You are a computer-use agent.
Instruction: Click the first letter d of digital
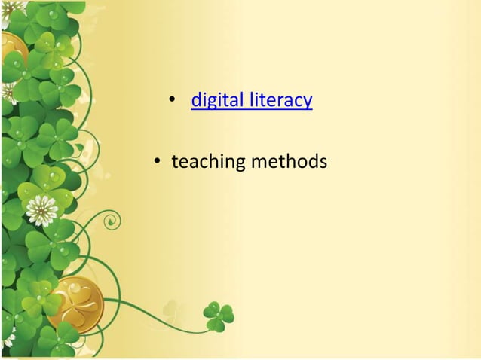point(197,100)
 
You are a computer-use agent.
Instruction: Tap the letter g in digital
point(212,102)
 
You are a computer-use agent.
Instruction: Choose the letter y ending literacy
point(308,102)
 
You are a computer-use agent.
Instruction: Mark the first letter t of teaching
point(175,162)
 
